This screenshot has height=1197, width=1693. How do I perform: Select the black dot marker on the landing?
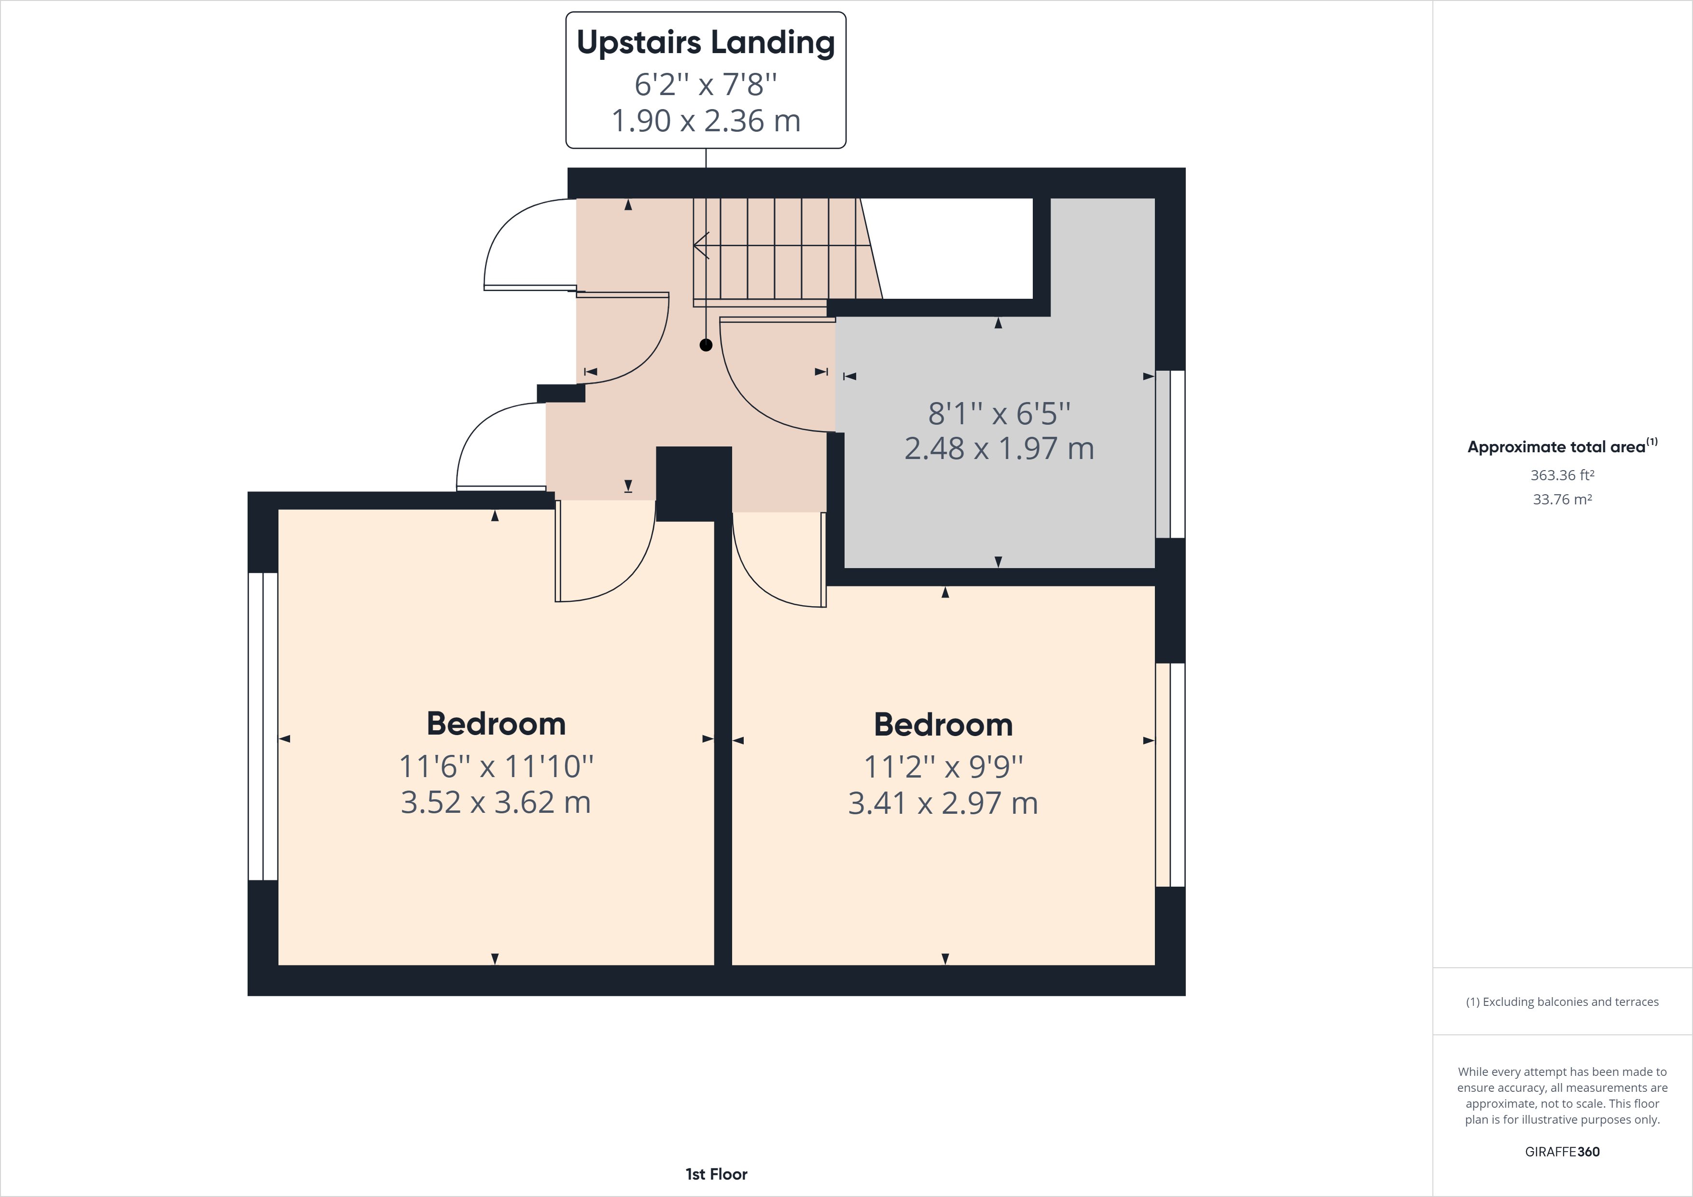[706, 345]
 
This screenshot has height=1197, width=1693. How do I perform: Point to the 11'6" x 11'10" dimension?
[496, 766]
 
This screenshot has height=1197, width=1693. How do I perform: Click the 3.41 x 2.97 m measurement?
[943, 803]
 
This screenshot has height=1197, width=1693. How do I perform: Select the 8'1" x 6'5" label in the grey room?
[999, 414]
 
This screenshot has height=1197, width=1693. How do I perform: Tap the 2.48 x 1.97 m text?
[999, 448]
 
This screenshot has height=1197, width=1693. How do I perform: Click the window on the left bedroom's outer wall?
[263, 726]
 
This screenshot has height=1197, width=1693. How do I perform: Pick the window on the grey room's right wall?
[1170, 454]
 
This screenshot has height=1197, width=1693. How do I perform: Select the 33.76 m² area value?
[1562, 499]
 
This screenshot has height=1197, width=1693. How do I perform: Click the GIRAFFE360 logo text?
[1562, 1151]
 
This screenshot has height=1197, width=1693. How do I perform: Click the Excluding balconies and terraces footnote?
[1562, 1002]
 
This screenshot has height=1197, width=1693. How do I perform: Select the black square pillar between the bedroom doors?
[693, 483]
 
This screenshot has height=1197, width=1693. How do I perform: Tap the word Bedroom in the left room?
[496, 724]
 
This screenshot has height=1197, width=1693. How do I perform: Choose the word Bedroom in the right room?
[943, 724]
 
